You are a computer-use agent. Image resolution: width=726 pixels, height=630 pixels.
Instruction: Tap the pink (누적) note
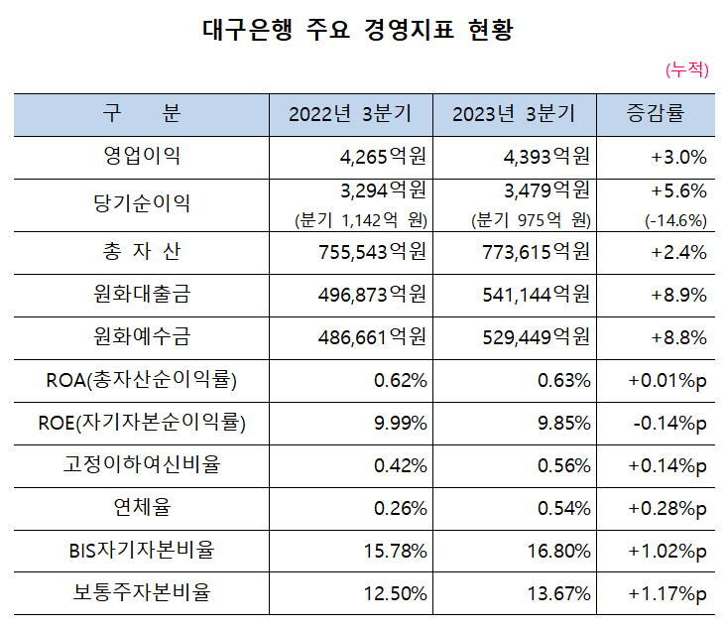tap(687, 68)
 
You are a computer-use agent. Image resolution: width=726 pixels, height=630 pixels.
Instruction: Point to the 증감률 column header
tap(655, 114)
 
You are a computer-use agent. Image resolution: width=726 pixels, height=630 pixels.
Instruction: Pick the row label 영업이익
tap(142, 157)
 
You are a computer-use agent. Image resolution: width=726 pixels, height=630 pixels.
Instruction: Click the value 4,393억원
tap(540, 157)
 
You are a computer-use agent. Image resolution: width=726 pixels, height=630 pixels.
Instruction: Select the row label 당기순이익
tap(142, 203)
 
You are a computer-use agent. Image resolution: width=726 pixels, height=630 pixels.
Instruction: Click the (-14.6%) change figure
tap(675, 220)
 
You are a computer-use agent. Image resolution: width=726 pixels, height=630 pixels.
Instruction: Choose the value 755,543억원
tap(369, 252)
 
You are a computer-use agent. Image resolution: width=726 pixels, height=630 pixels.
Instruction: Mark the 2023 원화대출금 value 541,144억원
tap(533, 295)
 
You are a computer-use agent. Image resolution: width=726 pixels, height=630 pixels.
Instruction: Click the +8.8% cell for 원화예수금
tap(678, 337)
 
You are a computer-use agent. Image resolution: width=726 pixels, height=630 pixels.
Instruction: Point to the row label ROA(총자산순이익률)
tap(142, 380)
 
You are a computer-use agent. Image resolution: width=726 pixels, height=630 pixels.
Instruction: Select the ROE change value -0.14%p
tap(668, 424)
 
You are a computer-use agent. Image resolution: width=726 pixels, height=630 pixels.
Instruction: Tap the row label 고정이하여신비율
tap(142, 465)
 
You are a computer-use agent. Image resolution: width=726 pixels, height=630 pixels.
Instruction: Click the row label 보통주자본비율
tap(142, 594)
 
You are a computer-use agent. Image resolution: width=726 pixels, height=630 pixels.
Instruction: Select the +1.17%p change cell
tap(667, 594)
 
